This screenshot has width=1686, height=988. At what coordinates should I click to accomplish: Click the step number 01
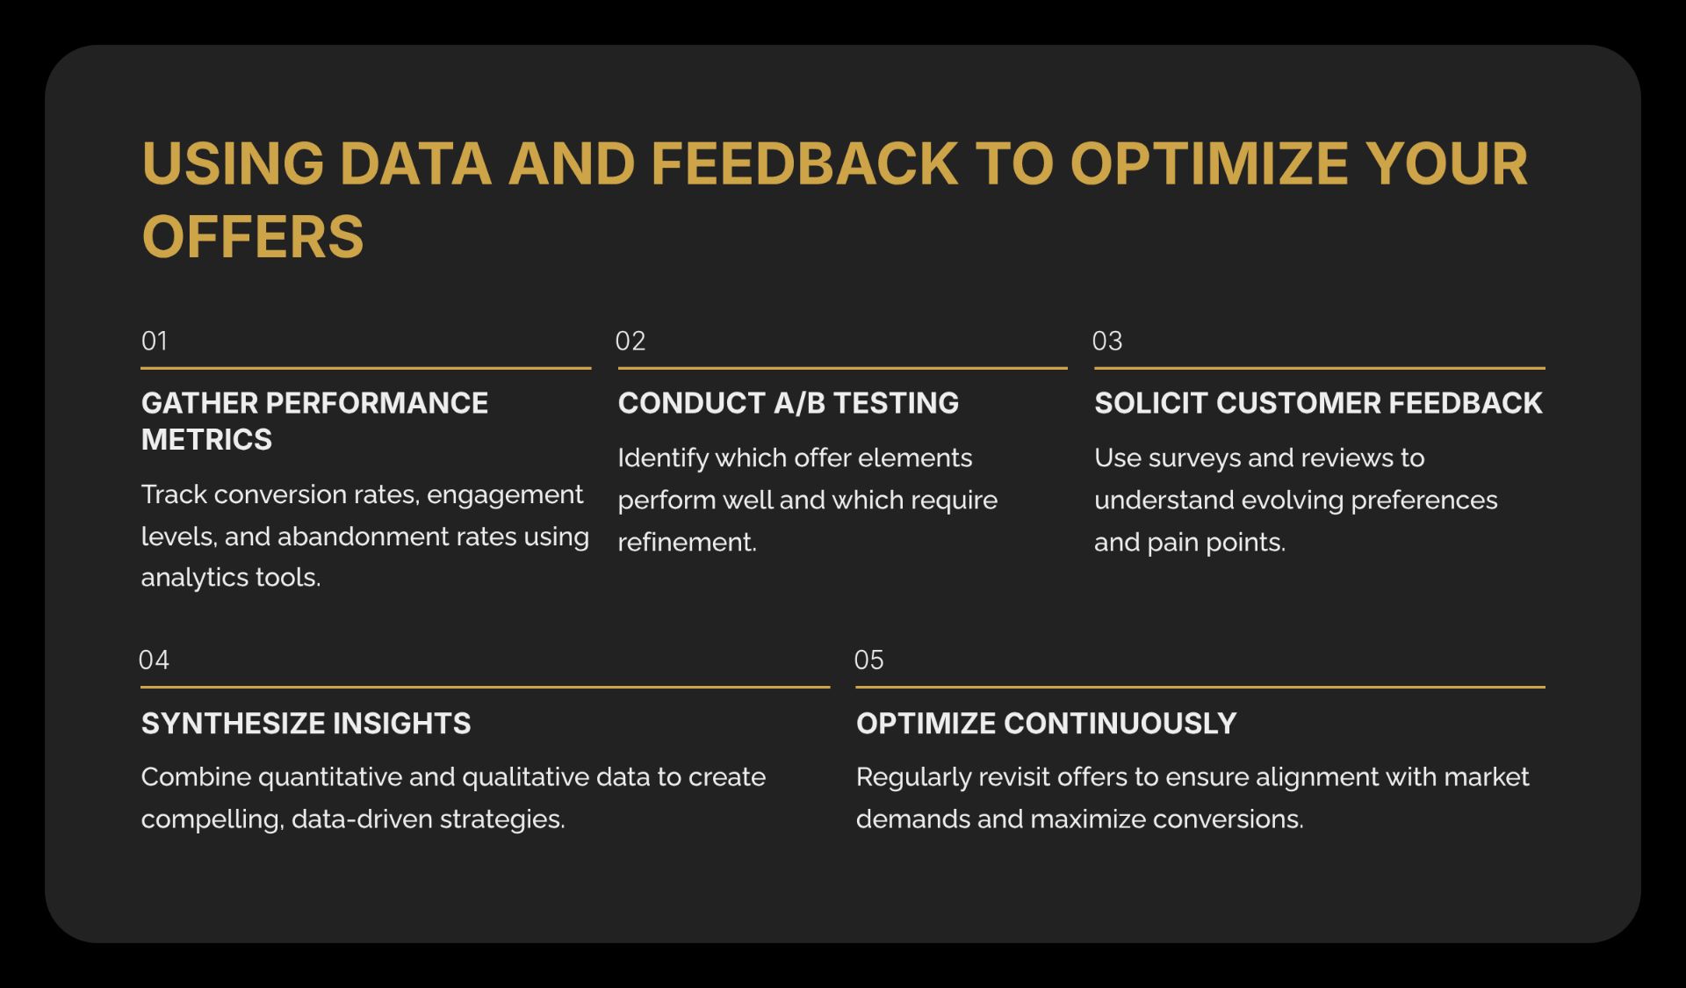155,341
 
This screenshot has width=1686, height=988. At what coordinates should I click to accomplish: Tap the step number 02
630,341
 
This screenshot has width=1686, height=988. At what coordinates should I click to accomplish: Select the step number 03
1107,341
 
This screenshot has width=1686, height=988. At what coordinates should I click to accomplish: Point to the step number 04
154,660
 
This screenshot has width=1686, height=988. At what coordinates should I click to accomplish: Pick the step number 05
869,660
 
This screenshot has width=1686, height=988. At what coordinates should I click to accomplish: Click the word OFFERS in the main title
253,237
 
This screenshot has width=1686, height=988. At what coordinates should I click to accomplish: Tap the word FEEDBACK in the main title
803,164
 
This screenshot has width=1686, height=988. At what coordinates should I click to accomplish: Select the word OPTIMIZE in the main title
1208,164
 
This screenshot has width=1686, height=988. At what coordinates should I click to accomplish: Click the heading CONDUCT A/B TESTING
789,403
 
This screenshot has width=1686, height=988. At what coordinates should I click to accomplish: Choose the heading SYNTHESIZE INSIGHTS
306,724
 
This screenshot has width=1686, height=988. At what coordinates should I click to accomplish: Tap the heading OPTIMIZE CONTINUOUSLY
1046,724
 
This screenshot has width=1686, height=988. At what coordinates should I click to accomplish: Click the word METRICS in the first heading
206,439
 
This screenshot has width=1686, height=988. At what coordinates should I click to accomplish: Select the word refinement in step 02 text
685,543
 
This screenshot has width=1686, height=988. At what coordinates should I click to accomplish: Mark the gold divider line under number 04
485,687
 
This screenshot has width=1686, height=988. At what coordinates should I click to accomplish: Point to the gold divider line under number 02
842,368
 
